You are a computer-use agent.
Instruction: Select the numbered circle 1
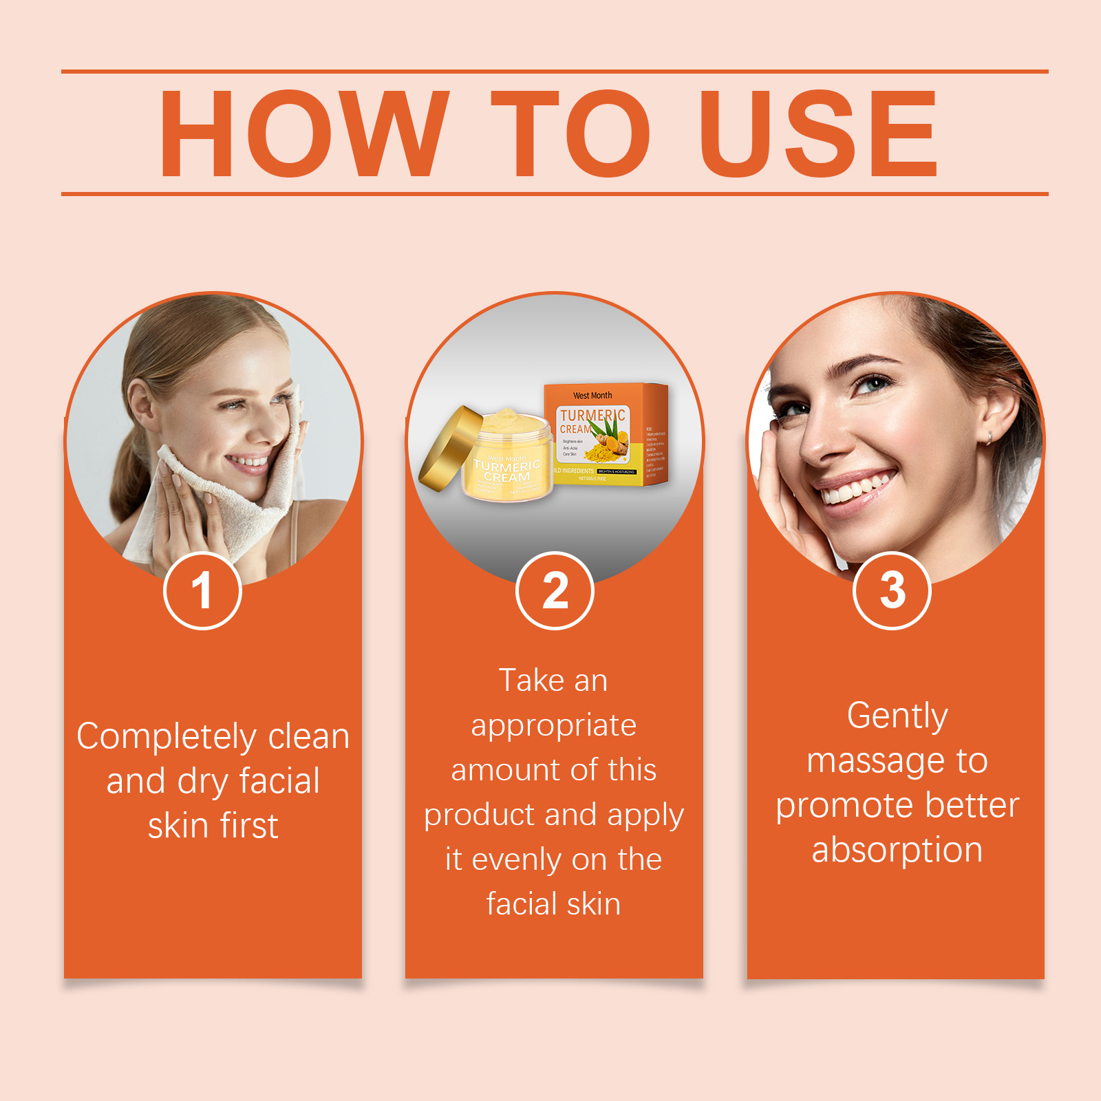click(202, 591)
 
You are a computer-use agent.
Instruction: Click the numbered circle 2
click(555, 591)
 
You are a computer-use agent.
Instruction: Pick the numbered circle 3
click(892, 591)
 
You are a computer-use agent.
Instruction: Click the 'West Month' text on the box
click(592, 396)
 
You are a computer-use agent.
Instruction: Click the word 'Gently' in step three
click(897, 716)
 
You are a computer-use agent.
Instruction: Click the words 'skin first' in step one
click(213, 826)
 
